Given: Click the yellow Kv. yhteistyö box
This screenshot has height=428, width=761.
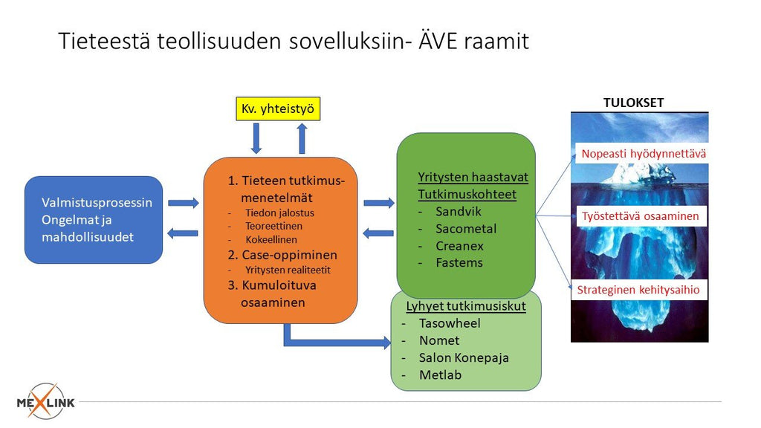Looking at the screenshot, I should pyautogui.click(x=278, y=109).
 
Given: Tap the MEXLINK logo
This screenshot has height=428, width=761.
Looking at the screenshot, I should pyautogui.click(x=46, y=401).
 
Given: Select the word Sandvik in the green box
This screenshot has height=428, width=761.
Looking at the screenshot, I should pyautogui.click(x=459, y=211).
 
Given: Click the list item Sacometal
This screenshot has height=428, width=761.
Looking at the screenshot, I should pyautogui.click(x=466, y=228).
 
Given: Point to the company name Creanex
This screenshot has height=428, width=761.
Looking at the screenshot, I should pyautogui.click(x=459, y=245).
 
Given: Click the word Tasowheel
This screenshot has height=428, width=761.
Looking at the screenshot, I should pyautogui.click(x=449, y=323).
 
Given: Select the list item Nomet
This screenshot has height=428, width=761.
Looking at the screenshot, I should pyautogui.click(x=438, y=340).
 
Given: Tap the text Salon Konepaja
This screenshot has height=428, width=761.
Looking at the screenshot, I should pyautogui.click(x=464, y=357).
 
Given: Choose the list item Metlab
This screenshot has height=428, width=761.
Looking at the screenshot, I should pyautogui.click(x=440, y=374).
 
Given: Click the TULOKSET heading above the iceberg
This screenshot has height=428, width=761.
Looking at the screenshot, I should pyautogui.click(x=633, y=103).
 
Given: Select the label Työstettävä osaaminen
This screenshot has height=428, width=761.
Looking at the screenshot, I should pyautogui.click(x=641, y=216).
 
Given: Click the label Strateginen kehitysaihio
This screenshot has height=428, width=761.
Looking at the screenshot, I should pyautogui.click(x=638, y=290).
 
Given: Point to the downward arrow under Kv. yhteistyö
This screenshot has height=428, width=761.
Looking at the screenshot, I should pyautogui.click(x=256, y=138).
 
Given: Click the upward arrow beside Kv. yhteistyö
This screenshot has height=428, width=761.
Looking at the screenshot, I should pyautogui.click(x=301, y=138).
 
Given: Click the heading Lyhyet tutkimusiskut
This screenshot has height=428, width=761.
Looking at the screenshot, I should pyautogui.click(x=466, y=306).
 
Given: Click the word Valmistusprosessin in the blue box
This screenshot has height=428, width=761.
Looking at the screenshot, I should pyautogui.click(x=97, y=203).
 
